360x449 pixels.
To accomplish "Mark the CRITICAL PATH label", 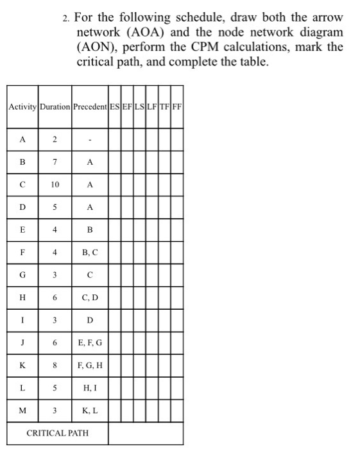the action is click(57, 433).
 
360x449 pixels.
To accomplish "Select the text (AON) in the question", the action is click(96, 47).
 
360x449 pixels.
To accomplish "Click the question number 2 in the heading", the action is click(67, 17).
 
